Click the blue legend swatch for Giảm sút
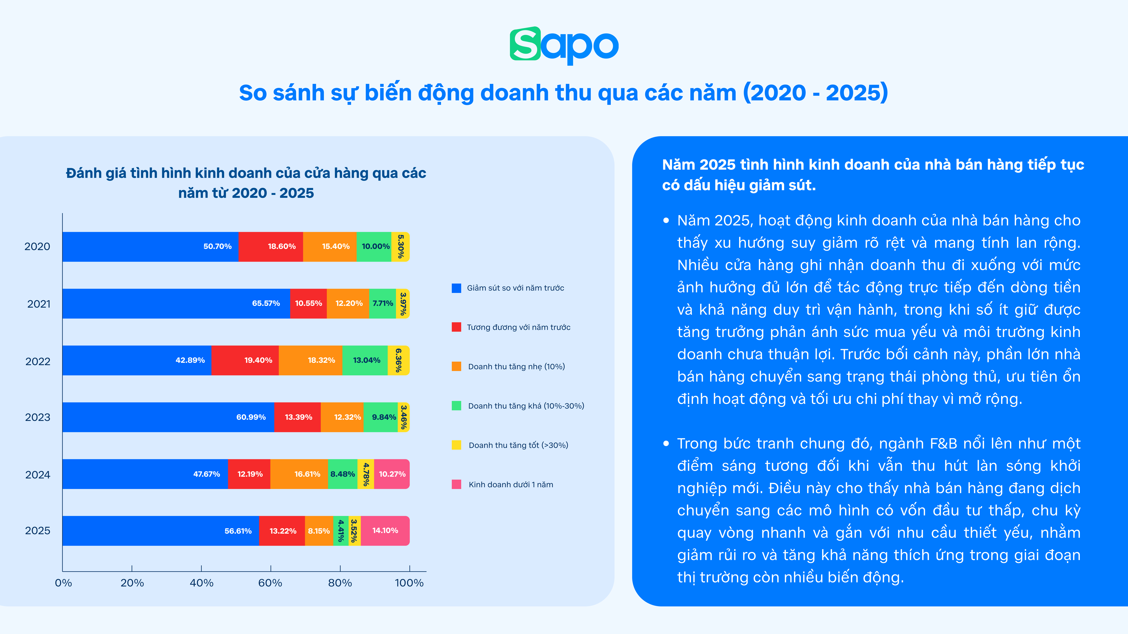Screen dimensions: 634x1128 pos(456,288)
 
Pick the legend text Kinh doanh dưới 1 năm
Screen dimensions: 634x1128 pos(511,484)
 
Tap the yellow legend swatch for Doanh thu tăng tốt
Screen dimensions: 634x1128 pos(456,445)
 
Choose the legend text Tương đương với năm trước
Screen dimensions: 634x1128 pos(518,327)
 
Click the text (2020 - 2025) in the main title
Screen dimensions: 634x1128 pos(815,93)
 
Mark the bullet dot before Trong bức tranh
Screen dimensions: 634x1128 pos(666,444)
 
